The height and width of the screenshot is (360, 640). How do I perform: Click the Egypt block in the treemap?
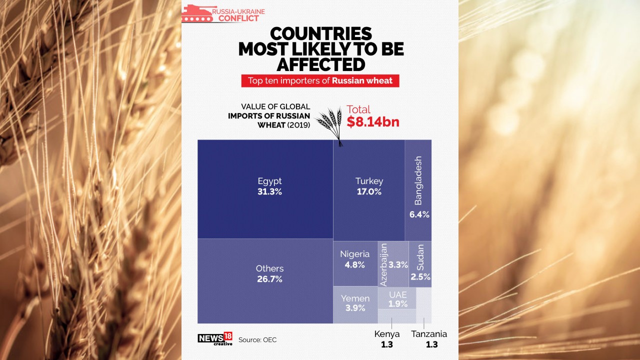265,189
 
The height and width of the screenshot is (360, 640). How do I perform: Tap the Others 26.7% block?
265,280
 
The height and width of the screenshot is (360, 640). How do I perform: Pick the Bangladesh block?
418,190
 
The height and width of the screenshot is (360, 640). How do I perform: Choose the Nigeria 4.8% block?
355,263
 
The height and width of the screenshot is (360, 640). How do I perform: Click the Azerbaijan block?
393,264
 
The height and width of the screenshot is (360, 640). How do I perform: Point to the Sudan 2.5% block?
420,264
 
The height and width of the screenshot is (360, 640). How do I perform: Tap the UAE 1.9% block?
397,298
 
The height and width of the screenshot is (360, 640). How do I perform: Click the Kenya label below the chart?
387,334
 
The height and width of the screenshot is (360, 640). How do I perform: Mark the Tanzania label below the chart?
428,334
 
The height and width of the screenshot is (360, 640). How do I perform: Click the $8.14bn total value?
373,121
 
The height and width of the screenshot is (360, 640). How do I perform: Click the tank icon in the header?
197,13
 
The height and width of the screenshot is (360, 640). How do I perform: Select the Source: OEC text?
257,340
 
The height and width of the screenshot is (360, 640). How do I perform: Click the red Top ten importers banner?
320,80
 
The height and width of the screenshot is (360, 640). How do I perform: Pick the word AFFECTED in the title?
320,64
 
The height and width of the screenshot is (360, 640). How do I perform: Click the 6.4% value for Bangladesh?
419,214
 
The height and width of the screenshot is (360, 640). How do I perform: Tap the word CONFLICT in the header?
238,18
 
